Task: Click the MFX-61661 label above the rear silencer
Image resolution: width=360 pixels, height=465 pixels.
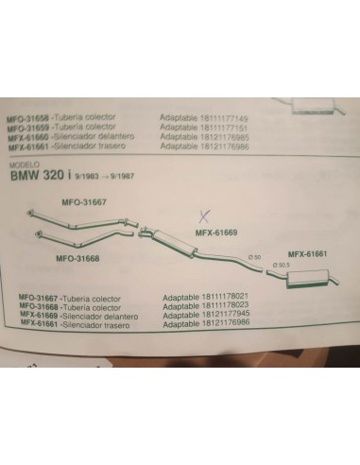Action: [306, 253]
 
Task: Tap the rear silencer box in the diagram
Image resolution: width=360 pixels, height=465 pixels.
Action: [314, 278]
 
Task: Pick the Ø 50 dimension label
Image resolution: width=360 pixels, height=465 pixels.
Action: [254, 257]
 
